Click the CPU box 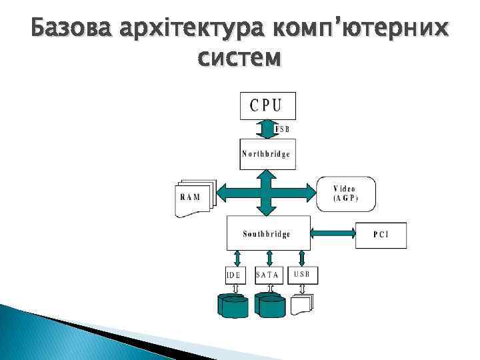coord(267,105)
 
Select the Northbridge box coord(267,154)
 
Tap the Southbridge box coord(267,233)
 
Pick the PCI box coord(381,235)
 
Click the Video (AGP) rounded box coord(345,193)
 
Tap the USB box coord(302,274)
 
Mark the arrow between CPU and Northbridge coord(267,129)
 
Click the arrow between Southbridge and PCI coord(333,233)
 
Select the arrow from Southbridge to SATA coord(269,258)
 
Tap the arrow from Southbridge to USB coord(302,258)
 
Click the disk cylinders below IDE coord(233,305)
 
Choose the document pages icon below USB coord(302,303)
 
